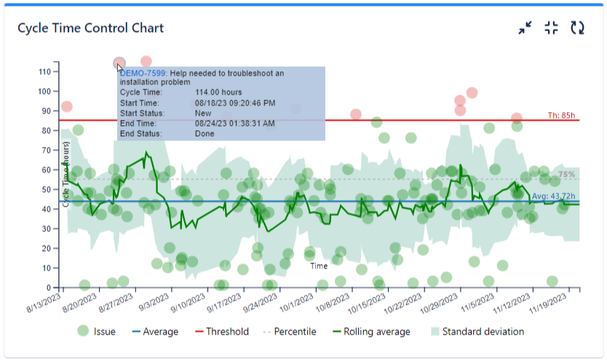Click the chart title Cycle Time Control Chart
(x=90, y=28)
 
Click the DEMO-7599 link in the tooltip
(x=143, y=73)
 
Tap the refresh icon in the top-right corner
(x=577, y=28)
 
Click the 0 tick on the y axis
(x=49, y=288)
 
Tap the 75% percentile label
(x=566, y=175)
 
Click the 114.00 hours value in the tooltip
(x=221, y=92)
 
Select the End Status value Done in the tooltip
(x=206, y=134)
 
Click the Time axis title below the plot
(x=319, y=266)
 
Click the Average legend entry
(x=153, y=332)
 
